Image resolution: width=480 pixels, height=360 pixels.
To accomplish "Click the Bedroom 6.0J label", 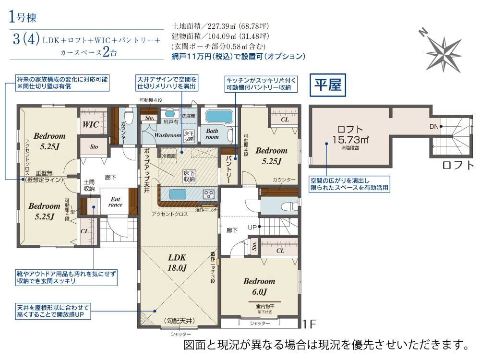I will coord(259,286).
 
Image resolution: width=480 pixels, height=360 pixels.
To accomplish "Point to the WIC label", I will coord(91,124).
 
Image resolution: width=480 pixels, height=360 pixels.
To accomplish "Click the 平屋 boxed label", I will coord(327,85).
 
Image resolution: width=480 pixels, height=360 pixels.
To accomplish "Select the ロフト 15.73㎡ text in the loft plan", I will coord(350,134).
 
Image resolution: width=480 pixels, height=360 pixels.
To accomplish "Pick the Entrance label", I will coord(116,202).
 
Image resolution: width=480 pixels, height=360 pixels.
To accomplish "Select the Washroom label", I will coord(168,135).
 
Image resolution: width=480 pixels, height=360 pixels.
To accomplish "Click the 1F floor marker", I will coord(310,325).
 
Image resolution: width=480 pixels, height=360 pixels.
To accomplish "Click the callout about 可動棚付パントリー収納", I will coord(261,84).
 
